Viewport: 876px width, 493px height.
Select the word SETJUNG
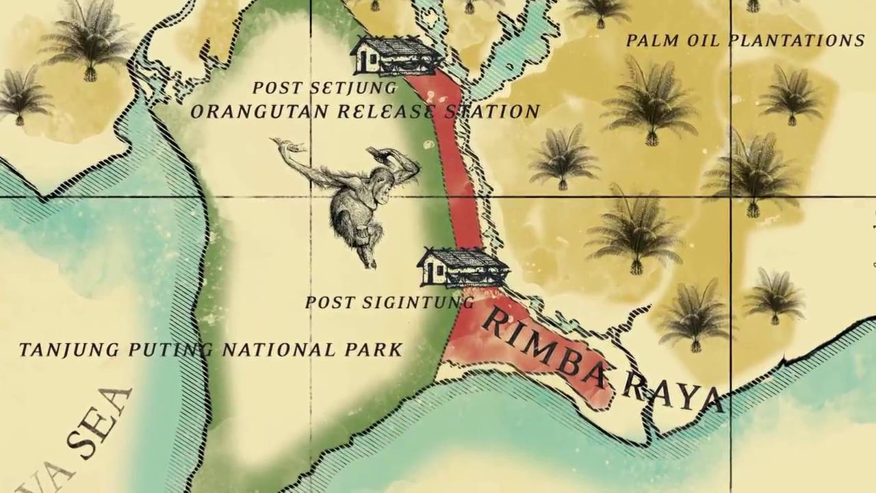pyautogui.click(x=354, y=88)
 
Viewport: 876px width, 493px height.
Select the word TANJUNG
pyautogui.click(x=58, y=350)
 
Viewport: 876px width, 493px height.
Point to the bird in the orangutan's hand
pyautogui.click(x=287, y=146)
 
